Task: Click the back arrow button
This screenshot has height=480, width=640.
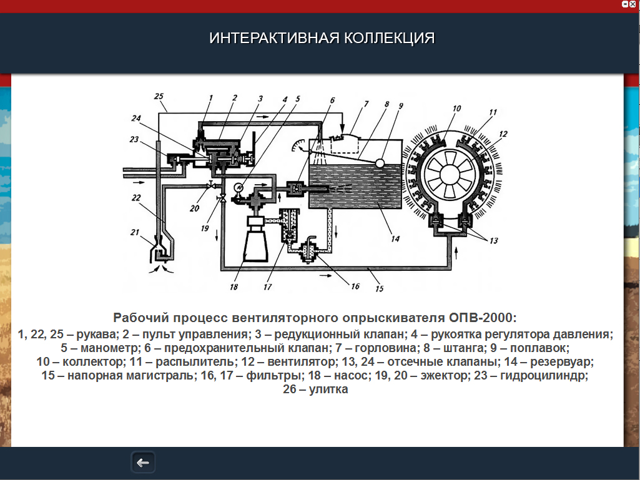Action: [x=143, y=463]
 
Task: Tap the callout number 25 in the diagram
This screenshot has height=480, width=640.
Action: [x=159, y=96]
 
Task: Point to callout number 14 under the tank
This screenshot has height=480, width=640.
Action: [x=395, y=238]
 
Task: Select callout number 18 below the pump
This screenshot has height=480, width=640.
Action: [x=234, y=287]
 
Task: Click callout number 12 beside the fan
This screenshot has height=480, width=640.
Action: [x=503, y=134]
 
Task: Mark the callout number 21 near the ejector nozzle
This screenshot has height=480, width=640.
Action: [x=135, y=232]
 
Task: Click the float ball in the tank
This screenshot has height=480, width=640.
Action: [x=380, y=164]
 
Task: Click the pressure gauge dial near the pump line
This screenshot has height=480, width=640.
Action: [x=238, y=187]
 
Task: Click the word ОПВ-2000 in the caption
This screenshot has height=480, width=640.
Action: [x=483, y=318]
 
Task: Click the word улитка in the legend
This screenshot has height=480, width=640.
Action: [x=328, y=389]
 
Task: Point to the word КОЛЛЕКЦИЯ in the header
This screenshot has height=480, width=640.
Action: [x=389, y=38]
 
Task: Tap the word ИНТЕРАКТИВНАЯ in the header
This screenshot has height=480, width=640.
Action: [x=274, y=38]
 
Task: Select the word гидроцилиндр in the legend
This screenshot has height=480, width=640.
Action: [x=544, y=375]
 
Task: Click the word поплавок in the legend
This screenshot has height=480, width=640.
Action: [x=539, y=348]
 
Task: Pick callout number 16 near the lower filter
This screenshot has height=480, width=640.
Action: [x=355, y=287]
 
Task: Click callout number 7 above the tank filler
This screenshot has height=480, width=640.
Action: [x=366, y=104]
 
